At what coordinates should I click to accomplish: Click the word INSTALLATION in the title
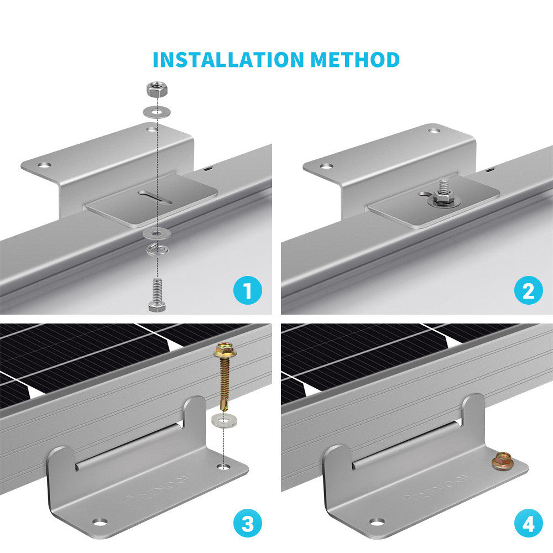pyautogui.click(x=228, y=59)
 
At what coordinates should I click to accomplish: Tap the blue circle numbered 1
pyautogui.click(x=247, y=290)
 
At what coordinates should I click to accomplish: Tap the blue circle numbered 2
pyautogui.click(x=528, y=290)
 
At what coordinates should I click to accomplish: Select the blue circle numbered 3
pyautogui.click(x=247, y=523)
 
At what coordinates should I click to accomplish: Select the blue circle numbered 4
pyautogui.click(x=528, y=523)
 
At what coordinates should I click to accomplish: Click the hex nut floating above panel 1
pyautogui.click(x=156, y=88)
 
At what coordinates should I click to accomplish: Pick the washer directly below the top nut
pyautogui.click(x=157, y=112)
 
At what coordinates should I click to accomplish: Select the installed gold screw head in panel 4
pyautogui.click(x=502, y=460)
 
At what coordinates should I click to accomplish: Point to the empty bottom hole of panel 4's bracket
pyautogui.click(x=377, y=521)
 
